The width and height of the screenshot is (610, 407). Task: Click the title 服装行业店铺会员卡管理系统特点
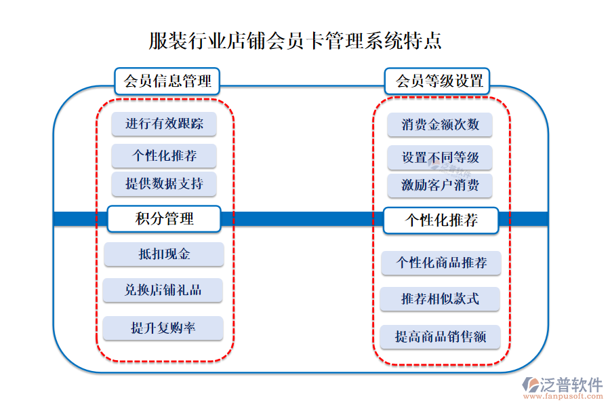(x=296, y=40)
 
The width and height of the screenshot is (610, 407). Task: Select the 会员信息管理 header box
(x=167, y=81)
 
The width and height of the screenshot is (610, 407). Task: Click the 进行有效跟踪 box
(x=163, y=124)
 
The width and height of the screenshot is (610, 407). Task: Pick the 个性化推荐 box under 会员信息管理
(x=163, y=156)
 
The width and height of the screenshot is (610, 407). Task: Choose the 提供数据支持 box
(x=163, y=184)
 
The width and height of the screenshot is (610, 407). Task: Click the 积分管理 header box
(x=164, y=219)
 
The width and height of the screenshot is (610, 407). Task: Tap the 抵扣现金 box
(x=163, y=254)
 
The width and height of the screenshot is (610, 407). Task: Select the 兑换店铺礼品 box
(x=163, y=290)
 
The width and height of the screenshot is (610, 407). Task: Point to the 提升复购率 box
(x=163, y=328)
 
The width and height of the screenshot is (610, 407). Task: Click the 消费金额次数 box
(x=440, y=125)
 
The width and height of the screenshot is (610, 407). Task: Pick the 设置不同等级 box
(x=440, y=158)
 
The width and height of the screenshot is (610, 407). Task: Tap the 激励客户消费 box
(x=440, y=185)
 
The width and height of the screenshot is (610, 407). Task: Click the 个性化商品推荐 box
(x=441, y=263)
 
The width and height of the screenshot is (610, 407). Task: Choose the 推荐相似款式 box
(x=440, y=298)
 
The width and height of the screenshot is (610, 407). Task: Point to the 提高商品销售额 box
(x=441, y=336)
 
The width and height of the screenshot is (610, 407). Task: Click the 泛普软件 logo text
(x=571, y=385)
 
